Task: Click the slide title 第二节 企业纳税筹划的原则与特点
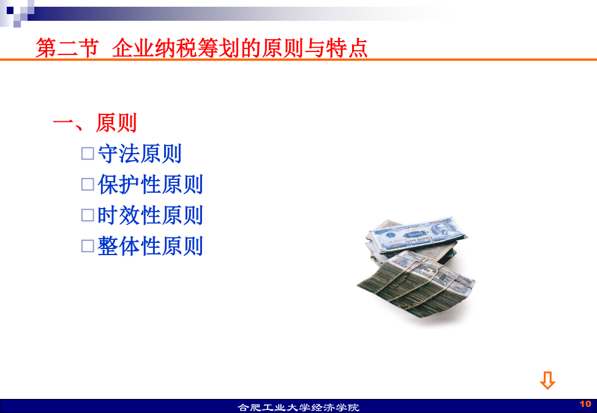pos(201,48)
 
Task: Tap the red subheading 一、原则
pos(95,122)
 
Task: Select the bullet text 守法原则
pos(140,154)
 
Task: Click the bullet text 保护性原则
pos(150,184)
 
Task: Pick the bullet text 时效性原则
pos(150,215)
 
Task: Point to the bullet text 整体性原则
pos(150,246)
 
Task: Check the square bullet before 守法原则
pos(88,154)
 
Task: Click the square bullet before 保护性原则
pos(88,184)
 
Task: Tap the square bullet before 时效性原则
pos(88,215)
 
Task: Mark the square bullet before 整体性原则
pos(88,246)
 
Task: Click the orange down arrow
pos(547,381)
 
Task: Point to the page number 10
pos(585,404)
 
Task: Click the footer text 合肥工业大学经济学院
pos(299,407)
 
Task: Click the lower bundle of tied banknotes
pos(416,284)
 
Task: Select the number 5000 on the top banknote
pos(415,233)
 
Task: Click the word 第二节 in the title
pos(67,48)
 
